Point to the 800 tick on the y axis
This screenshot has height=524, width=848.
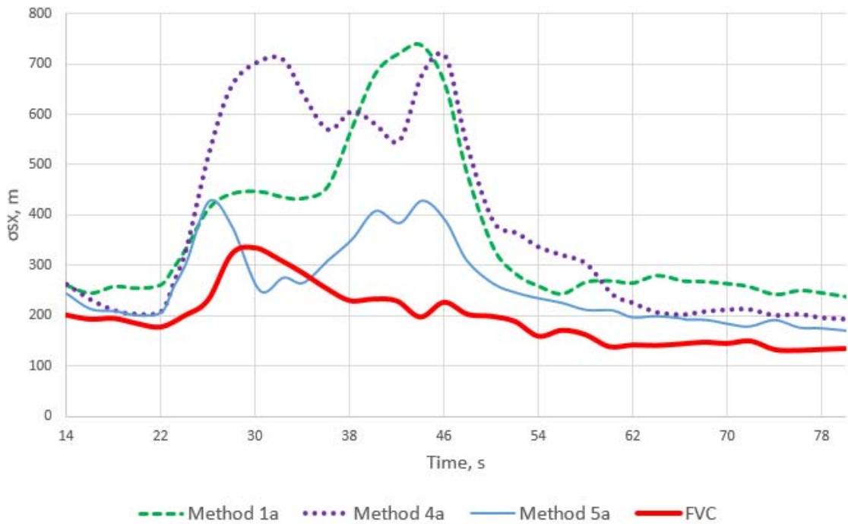tap(44, 14)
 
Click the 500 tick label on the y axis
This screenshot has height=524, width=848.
tap(44, 164)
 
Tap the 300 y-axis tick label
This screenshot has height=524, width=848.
tap(44, 265)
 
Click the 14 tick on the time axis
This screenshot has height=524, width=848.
tap(65, 435)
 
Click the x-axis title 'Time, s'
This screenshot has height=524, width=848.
tap(455, 462)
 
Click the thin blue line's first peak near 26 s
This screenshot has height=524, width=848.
tap(211, 200)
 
